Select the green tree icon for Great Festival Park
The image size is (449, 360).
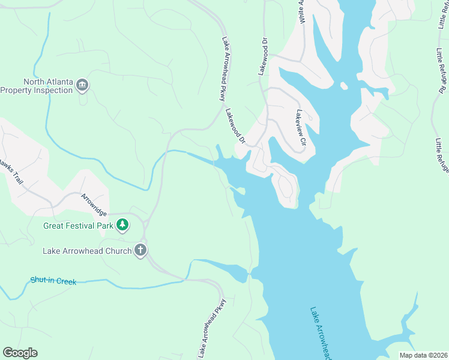[122, 224]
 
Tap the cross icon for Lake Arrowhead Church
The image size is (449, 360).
[140, 250]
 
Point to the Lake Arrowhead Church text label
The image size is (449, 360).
[87, 251]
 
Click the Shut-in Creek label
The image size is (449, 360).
[53, 280]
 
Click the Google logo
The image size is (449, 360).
[20, 353]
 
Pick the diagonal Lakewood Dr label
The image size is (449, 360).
[236, 126]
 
